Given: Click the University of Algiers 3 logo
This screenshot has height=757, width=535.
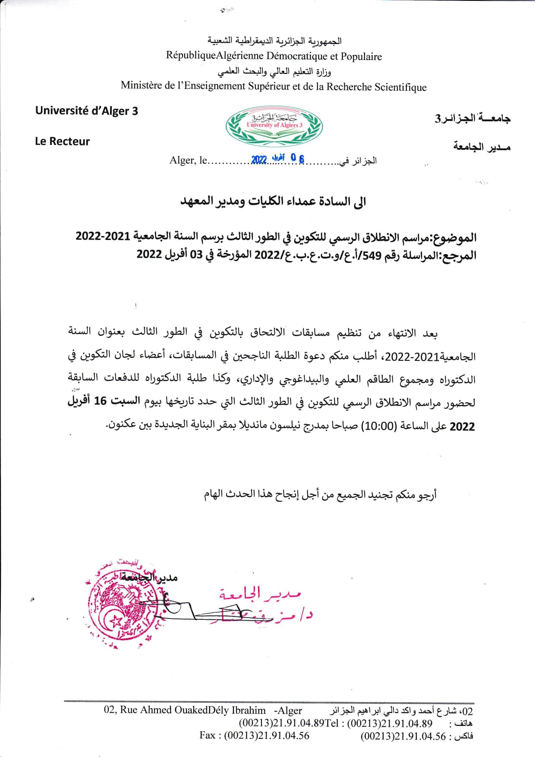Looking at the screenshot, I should tap(274, 126).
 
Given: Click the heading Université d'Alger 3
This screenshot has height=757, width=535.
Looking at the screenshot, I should tap(86, 111).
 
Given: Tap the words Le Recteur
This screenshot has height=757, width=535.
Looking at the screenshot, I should tap(62, 142).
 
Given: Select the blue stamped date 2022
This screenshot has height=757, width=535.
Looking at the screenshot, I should tap(259, 160).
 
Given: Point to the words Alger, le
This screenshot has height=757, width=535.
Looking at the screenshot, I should tap(188, 161).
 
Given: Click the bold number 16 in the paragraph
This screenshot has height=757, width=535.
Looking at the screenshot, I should tap(100, 401).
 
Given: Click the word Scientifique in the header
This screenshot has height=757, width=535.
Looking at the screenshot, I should tap(400, 87).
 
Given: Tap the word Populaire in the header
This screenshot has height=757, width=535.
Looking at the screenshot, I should tap(361, 57).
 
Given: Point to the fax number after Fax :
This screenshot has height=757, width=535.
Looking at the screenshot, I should tap(266, 735).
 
